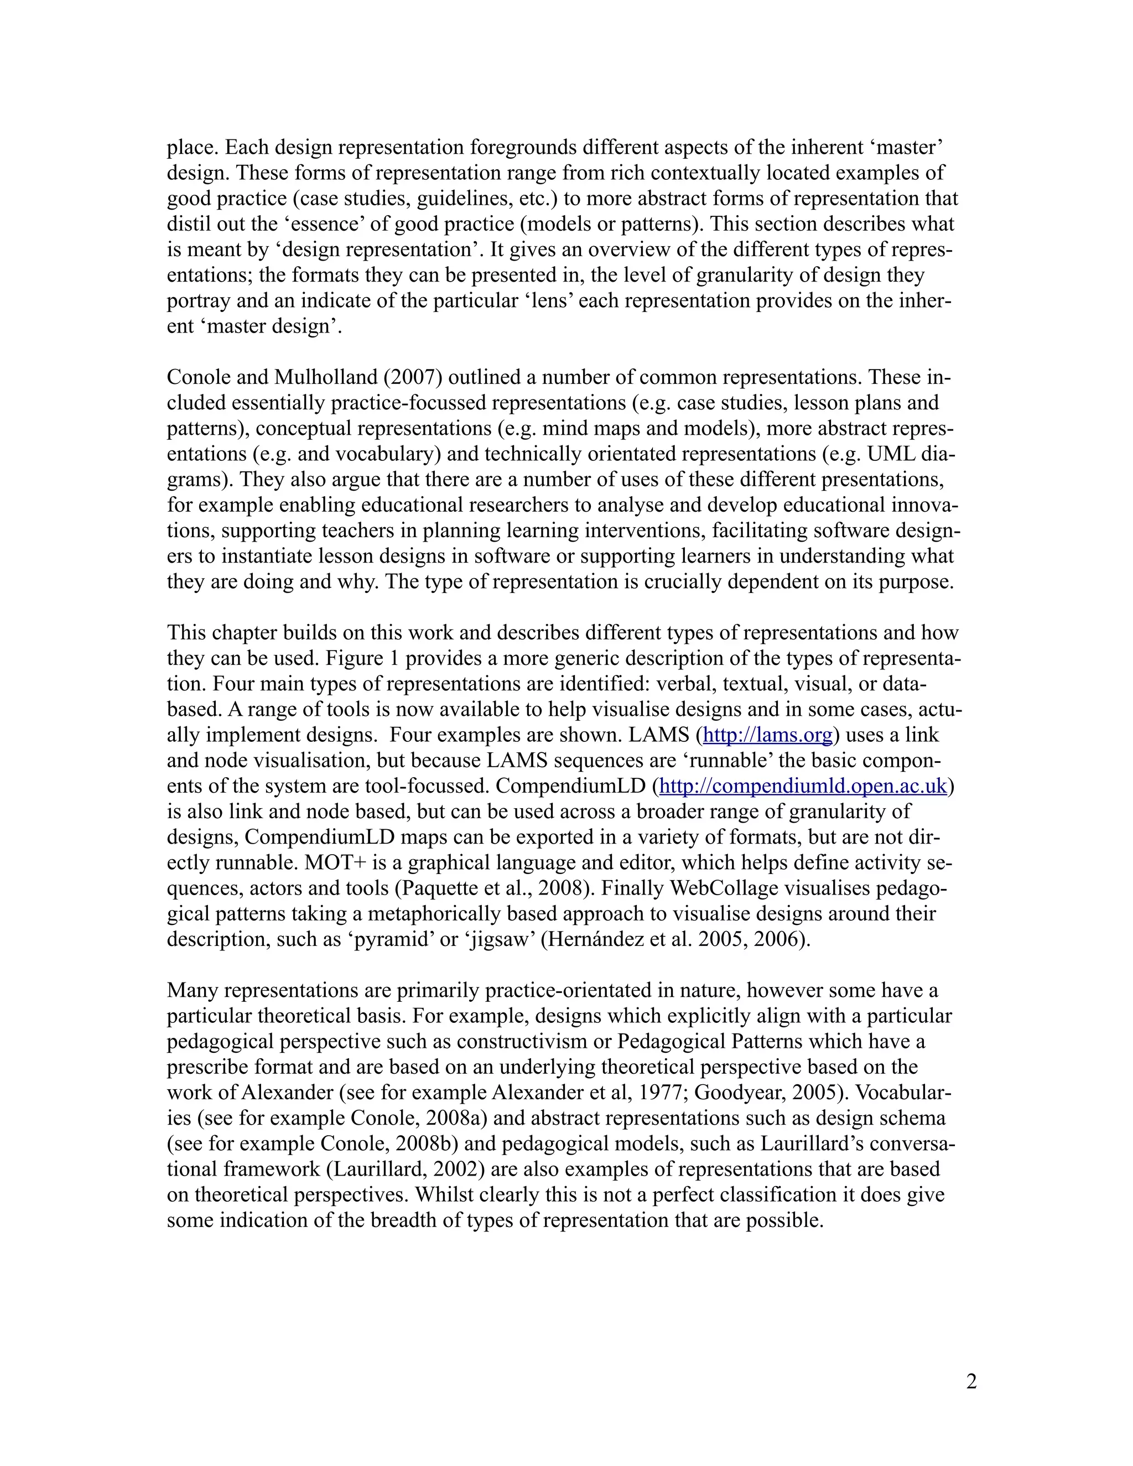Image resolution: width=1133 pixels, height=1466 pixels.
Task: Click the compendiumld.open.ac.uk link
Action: coord(803,786)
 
